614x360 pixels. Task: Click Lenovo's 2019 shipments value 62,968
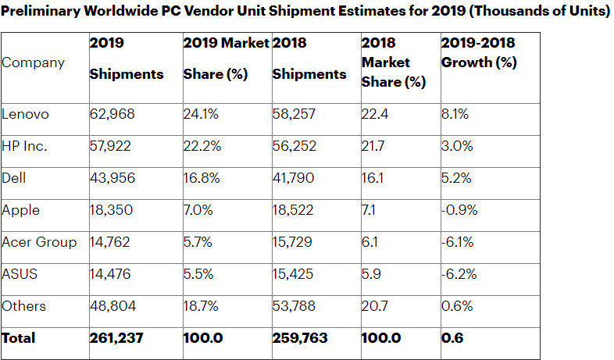112,115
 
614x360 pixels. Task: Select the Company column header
34,62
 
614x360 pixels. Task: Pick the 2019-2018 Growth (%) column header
479,52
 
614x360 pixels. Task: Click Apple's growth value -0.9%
459,210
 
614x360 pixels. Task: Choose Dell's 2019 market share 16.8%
200,178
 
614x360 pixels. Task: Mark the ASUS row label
20,274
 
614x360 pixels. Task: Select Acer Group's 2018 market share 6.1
369,242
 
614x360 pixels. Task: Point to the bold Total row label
19,339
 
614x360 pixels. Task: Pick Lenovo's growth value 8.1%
455,115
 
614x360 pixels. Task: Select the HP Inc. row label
26,146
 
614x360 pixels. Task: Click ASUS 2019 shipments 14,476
112,274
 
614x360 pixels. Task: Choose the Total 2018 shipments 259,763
300,339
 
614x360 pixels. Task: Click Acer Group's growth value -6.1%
458,242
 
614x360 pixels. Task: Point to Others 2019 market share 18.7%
200,306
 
